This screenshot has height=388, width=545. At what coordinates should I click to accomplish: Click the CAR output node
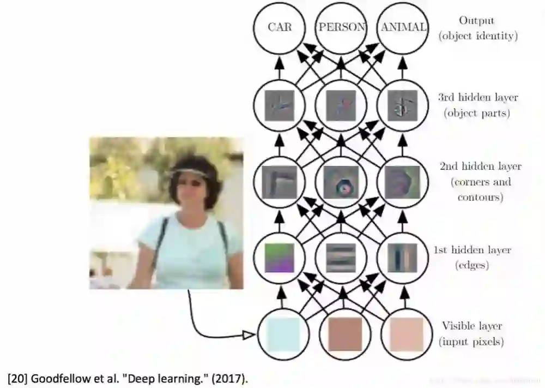point(280,27)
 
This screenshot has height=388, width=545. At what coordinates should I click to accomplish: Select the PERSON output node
point(342,27)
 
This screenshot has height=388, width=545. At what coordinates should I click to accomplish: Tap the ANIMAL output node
point(404,27)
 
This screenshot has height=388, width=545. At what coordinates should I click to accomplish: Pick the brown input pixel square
point(344,335)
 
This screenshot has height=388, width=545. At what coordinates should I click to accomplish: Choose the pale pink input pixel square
point(406,335)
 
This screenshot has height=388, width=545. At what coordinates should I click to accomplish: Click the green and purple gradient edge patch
point(280,257)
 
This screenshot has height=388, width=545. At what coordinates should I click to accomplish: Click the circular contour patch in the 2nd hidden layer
point(342,182)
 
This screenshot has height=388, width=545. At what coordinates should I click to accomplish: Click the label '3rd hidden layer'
point(477,98)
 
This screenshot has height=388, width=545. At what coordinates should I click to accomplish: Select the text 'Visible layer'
point(471,326)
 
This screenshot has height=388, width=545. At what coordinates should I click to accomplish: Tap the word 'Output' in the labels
point(476,20)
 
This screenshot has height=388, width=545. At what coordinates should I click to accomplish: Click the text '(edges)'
point(472,266)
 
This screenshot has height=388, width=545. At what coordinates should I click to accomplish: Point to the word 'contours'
point(480,197)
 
